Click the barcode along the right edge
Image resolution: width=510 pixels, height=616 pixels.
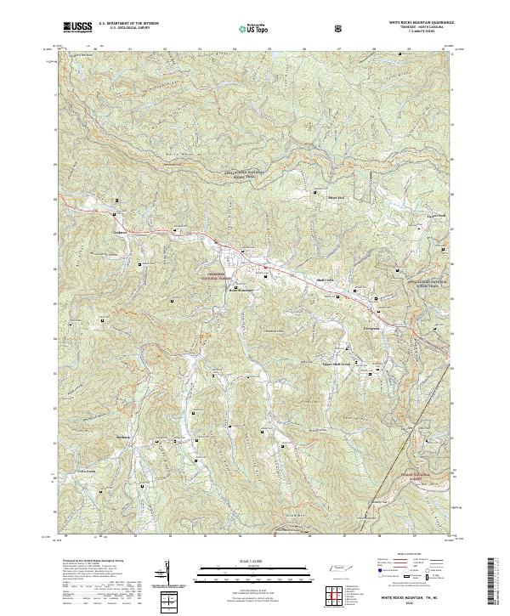(x=493, y=585)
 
